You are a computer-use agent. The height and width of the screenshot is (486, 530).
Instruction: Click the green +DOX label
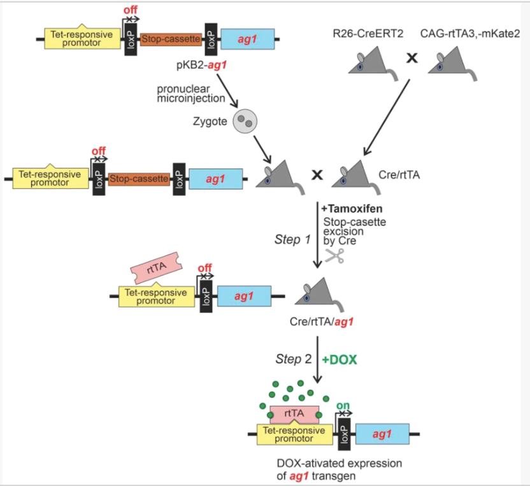pyautogui.click(x=339, y=359)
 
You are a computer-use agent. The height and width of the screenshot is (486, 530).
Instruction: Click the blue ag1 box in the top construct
pyautogui.click(x=247, y=39)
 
